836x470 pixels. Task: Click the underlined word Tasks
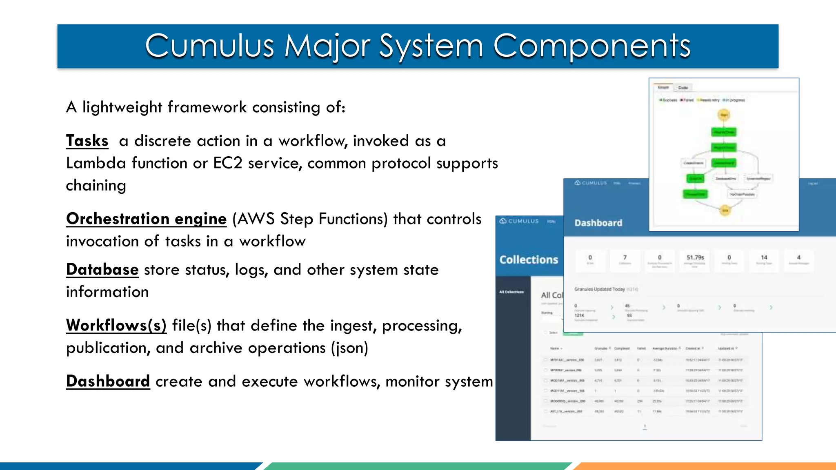click(x=87, y=141)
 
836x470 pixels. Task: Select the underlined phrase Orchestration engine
click(x=146, y=219)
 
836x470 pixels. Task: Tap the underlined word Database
click(x=102, y=270)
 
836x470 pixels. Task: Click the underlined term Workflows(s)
click(x=116, y=326)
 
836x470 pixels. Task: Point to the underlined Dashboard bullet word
click(x=108, y=381)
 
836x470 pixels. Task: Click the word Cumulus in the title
click(x=209, y=46)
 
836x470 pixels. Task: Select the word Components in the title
click(x=591, y=46)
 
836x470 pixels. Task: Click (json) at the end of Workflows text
click(x=349, y=348)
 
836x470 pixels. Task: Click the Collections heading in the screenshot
click(x=529, y=260)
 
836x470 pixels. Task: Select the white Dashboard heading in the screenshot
click(x=598, y=223)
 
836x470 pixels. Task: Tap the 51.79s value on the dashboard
click(x=695, y=258)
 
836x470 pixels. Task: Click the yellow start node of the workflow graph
click(x=724, y=115)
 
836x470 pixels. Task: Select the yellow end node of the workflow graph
click(x=725, y=211)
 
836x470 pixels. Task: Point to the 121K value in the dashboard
click(x=579, y=315)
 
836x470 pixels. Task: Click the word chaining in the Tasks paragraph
click(x=96, y=186)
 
